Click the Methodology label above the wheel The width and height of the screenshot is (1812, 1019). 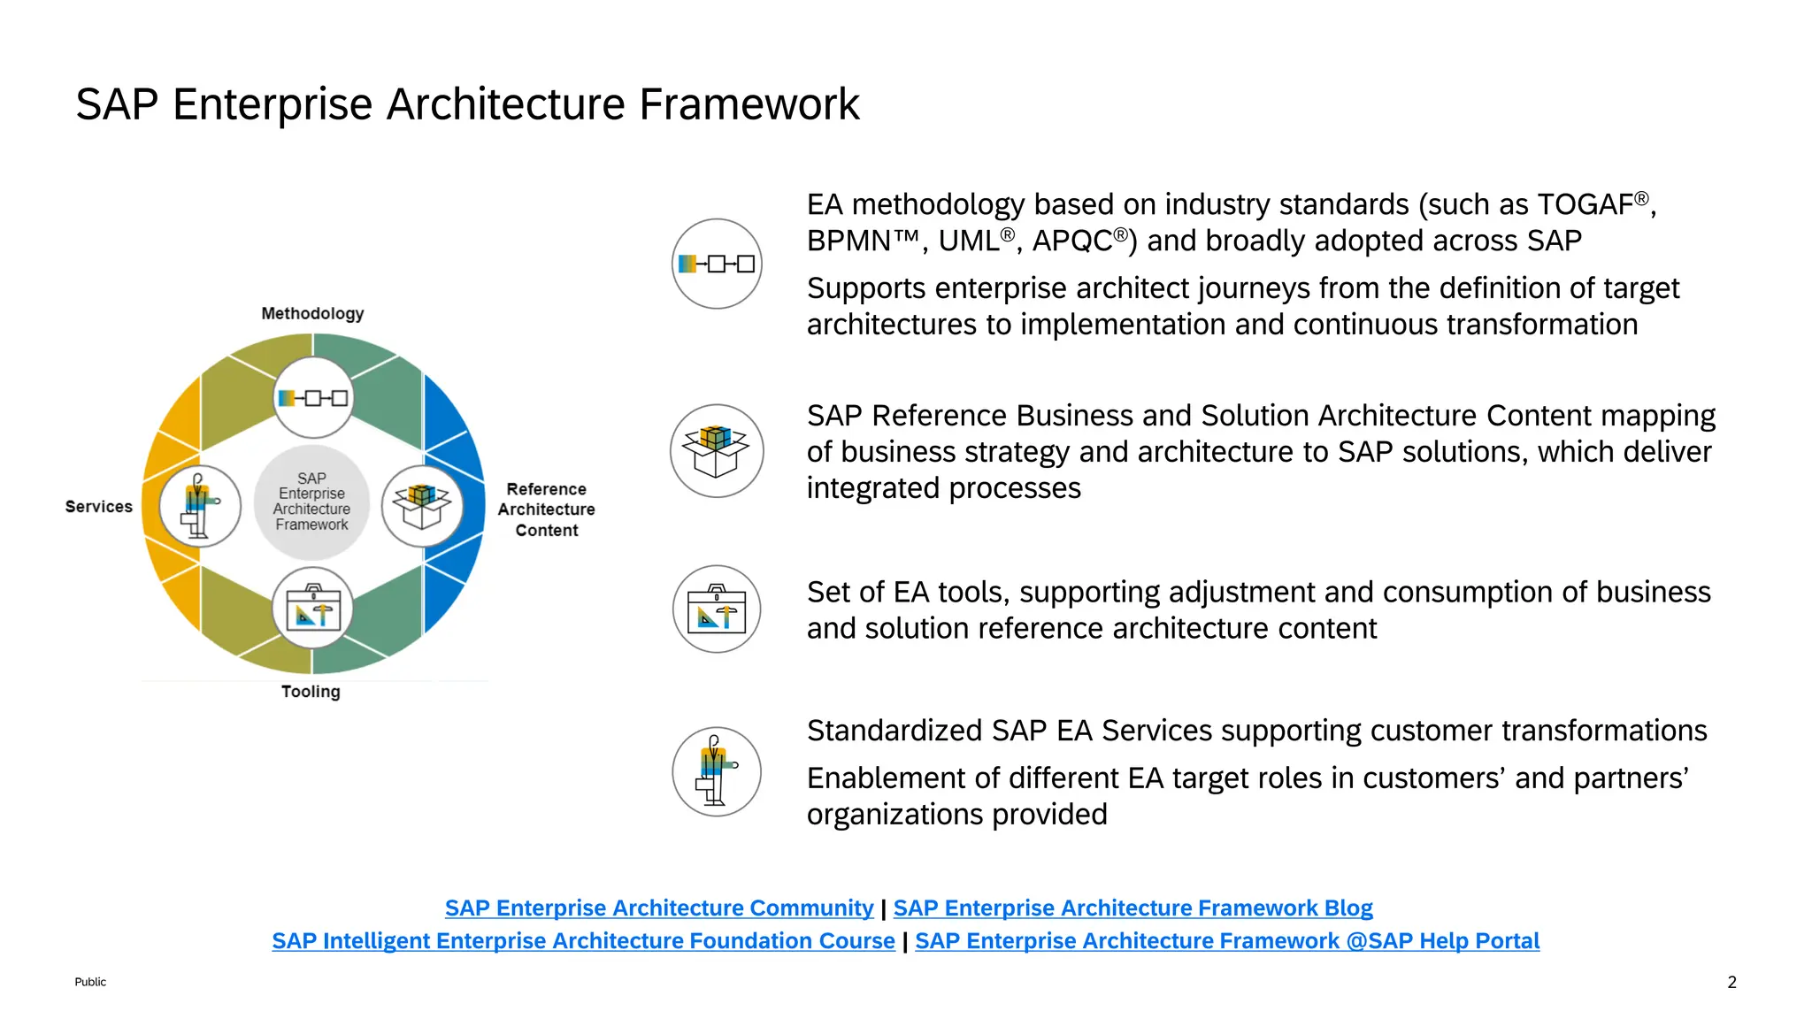click(x=312, y=313)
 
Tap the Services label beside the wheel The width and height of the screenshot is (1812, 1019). click(x=98, y=506)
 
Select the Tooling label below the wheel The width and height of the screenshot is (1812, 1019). click(x=311, y=691)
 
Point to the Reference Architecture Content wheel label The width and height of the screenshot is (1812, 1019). click(x=546, y=509)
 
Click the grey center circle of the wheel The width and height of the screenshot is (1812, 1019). click(x=311, y=502)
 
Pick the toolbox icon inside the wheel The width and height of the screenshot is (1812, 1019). click(x=312, y=609)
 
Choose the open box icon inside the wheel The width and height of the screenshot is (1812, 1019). click(x=422, y=506)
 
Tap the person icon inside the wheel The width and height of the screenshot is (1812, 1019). click(x=200, y=506)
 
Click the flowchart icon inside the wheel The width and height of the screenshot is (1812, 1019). click(x=312, y=398)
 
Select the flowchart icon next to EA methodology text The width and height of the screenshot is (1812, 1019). click(x=717, y=264)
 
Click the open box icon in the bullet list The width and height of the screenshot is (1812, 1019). click(x=717, y=451)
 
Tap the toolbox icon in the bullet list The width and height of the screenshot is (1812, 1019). click(x=717, y=609)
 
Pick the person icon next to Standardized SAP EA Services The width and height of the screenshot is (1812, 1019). click(x=717, y=771)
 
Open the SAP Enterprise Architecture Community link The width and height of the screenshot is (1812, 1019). click(x=658, y=908)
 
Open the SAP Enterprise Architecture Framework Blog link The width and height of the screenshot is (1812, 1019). click(x=1132, y=908)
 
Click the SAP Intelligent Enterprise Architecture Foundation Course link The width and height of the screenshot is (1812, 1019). click(x=583, y=940)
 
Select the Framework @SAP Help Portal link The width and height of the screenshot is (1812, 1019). click(x=1227, y=940)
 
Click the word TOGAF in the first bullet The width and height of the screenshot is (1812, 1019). click(x=1585, y=204)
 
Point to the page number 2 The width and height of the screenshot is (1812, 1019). click(x=1731, y=982)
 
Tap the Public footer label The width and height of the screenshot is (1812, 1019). click(x=90, y=982)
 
